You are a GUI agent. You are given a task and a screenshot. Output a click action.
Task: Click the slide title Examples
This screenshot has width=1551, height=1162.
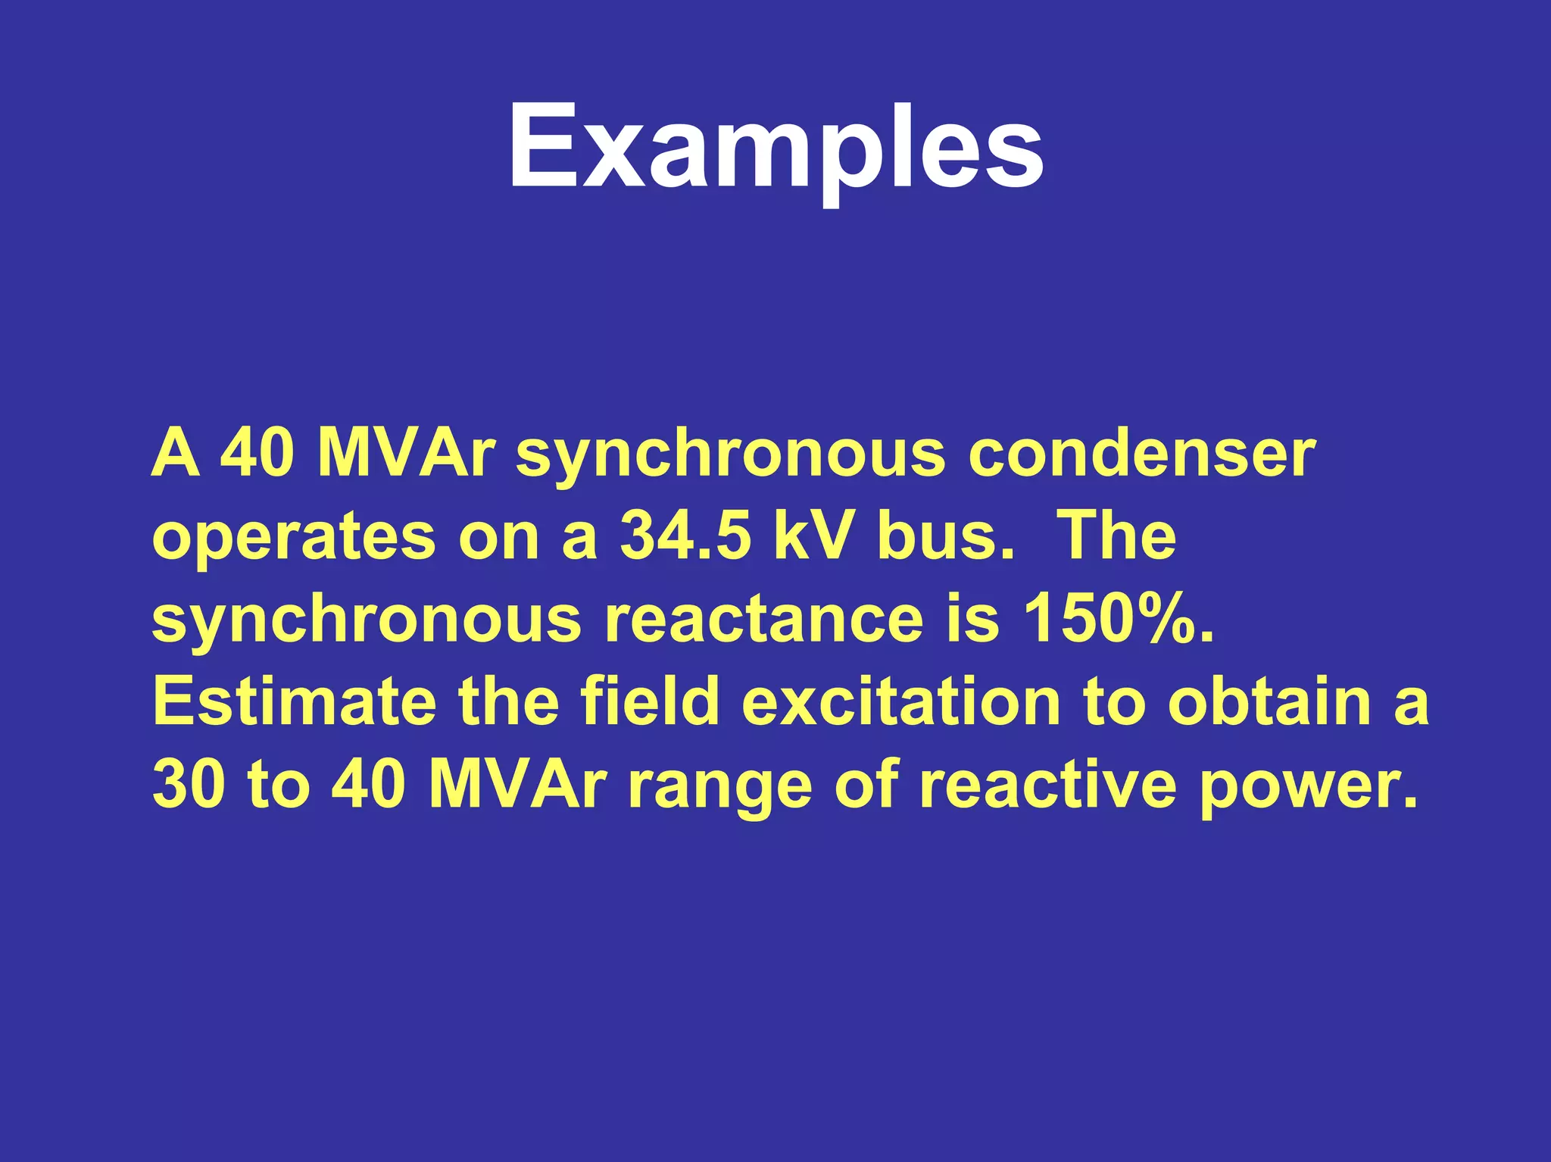[x=775, y=148]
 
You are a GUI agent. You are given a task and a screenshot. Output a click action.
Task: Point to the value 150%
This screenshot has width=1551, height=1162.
[x=1118, y=619]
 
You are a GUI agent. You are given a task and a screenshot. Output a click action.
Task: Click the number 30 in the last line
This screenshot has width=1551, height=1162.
[x=189, y=784]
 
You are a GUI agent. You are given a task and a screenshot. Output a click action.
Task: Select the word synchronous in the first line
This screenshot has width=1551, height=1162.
[x=730, y=458]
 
